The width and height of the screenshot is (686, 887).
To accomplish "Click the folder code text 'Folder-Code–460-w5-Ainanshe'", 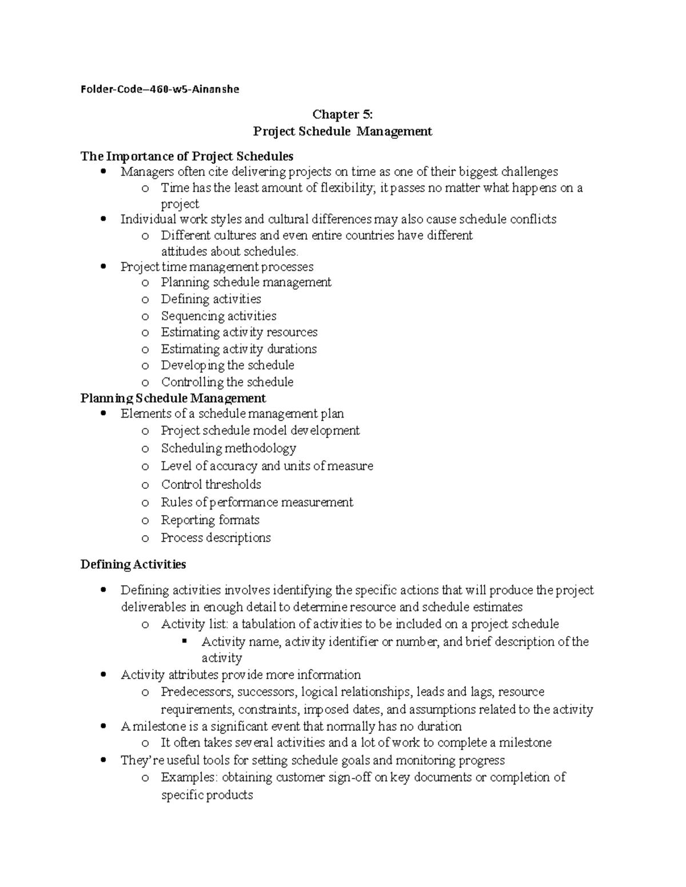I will [159, 89].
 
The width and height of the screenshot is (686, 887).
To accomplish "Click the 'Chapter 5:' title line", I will [342, 115].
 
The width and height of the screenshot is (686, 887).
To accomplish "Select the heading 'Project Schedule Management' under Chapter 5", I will [342, 131].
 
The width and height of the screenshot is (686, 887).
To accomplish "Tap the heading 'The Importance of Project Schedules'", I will [187, 156].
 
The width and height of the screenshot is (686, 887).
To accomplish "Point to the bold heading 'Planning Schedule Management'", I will [173, 398].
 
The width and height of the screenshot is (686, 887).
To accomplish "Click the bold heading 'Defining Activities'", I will [133, 564].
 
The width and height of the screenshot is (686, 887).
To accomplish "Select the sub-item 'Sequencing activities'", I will [218, 316].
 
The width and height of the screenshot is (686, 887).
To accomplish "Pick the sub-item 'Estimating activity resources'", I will [239, 332].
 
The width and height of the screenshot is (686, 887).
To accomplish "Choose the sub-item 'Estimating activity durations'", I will [238, 349].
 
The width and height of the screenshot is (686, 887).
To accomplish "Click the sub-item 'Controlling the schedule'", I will [227, 382].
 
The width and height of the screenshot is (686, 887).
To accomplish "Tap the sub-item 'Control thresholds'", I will [211, 484].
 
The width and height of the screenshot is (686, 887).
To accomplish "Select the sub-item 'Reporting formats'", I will [210, 520].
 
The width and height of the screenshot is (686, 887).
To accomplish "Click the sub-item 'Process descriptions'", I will [216, 537].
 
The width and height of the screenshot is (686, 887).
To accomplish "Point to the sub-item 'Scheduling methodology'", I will [228, 448].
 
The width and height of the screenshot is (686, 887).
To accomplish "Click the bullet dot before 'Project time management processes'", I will [103, 267].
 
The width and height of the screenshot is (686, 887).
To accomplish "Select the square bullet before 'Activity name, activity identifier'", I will [185, 641].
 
